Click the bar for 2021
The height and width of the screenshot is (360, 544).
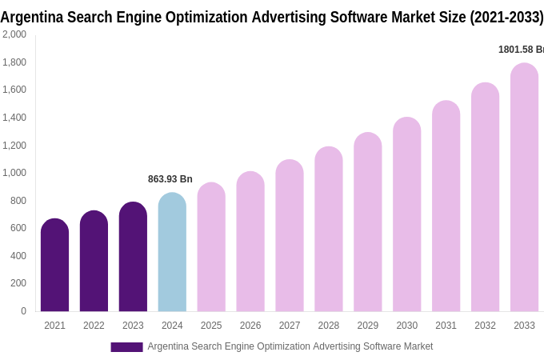pos(54,266)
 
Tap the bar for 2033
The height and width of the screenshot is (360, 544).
pos(524,188)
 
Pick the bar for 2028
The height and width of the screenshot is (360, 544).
pos(328,230)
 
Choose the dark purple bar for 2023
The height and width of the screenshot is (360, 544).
pos(133,257)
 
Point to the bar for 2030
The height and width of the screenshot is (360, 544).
pos(406,214)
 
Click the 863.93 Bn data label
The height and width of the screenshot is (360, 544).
pos(170,179)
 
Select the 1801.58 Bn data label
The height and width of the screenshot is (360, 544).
pos(521,50)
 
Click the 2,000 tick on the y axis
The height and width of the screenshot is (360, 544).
pos(14,34)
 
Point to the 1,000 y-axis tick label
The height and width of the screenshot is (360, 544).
pos(14,173)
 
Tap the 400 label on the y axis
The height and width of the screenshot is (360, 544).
pos(18,256)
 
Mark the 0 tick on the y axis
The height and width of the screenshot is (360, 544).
pos(23,311)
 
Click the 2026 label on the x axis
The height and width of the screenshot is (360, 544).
pos(250,326)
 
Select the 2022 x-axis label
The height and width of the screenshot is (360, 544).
pos(94,326)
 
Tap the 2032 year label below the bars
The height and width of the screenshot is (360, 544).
pos(485,326)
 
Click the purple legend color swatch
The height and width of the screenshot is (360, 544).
pos(126,347)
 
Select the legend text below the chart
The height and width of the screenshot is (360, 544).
pos(290,346)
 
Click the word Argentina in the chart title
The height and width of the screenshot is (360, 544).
pos(32,17)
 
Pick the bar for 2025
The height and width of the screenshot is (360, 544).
pos(211,247)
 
